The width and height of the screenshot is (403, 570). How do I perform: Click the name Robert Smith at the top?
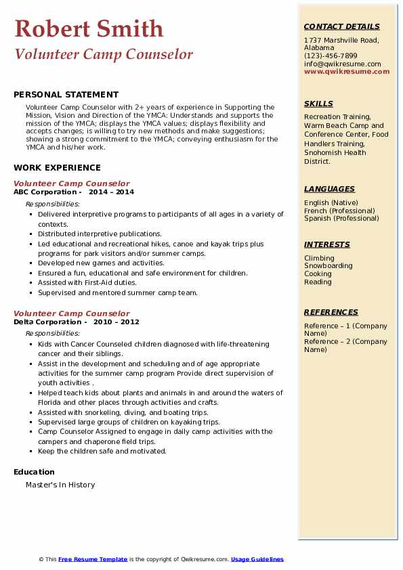pyautogui.click(x=89, y=28)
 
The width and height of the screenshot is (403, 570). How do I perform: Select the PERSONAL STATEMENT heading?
pyautogui.click(x=66, y=95)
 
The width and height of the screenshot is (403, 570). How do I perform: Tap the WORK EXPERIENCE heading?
pyautogui.click(x=57, y=167)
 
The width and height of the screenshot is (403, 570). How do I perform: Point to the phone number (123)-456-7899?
pyautogui.click(x=331, y=56)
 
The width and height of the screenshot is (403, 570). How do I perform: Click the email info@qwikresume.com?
pyautogui.click(x=342, y=64)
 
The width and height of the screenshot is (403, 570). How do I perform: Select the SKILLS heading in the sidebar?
pyautogui.click(x=318, y=104)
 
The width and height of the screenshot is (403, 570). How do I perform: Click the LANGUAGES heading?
pyautogui.click(x=329, y=189)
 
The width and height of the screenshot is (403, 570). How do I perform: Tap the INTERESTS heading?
pyautogui.click(x=327, y=244)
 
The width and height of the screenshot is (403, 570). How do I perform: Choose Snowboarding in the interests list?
pyautogui.click(x=328, y=266)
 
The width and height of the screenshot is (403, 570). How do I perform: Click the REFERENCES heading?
pyautogui.click(x=331, y=312)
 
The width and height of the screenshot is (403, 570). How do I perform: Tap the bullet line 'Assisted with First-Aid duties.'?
pyautogui.click(x=87, y=283)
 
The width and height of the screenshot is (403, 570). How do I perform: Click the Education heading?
pyautogui.click(x=34, y=472)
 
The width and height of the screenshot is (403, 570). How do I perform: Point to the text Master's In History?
pyautogui.click(x=60, y=485)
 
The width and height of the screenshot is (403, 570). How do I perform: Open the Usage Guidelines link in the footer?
pyautogui.click(x=257, y=559)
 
